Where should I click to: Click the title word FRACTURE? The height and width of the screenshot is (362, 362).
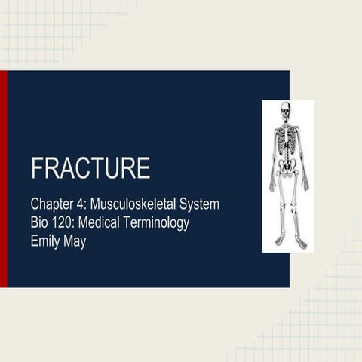[x=90, y=168]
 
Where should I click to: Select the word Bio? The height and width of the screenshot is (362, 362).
[x=40, y=224]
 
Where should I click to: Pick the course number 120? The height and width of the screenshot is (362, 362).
[x=65, y=224]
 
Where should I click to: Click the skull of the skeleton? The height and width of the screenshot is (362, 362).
[x=286, y=110]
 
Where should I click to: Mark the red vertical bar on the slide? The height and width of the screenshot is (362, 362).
[x=4, y=179]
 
